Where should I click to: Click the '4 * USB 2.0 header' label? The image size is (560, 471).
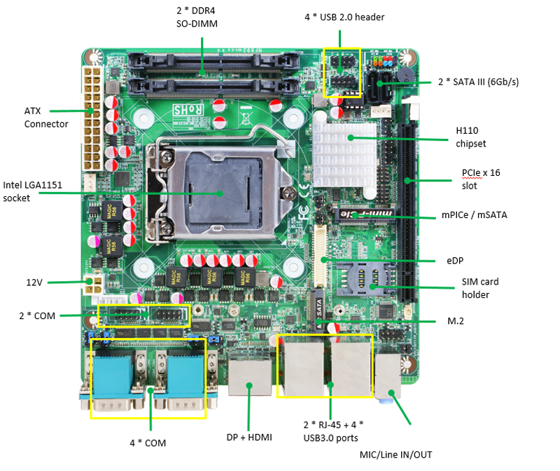(x=344, y=17)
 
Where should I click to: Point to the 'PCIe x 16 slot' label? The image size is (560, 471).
(x=481, y=179)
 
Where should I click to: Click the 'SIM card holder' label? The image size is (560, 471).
(x=479, y=288)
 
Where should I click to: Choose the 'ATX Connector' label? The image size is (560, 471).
(x=46, y=117)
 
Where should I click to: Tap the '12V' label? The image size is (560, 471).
(x=35, y=282)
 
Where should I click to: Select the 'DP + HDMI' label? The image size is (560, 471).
(x=248, y=437)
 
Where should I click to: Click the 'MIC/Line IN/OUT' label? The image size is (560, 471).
(x=396, y=455)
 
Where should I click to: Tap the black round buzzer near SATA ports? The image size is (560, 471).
(x=404, y=71)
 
